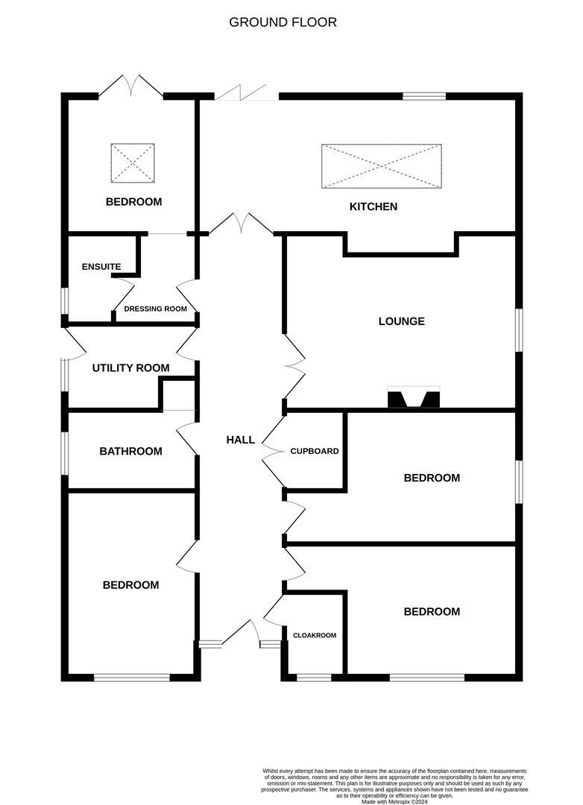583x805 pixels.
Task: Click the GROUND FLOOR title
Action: (283, 22)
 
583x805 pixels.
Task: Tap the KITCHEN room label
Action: (374, 206)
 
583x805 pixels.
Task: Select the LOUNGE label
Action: (401, 321)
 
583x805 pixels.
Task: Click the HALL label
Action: (240, 440)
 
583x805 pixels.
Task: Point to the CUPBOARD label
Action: (315, 451)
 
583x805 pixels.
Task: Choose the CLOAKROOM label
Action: (314, 635)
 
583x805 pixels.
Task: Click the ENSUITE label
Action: (101, 266)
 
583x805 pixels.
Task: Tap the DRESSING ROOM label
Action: (155, 309)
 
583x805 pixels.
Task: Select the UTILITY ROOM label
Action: (130, 368)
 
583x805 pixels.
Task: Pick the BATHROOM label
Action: (130, 451)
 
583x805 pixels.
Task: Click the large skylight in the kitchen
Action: (381, 166)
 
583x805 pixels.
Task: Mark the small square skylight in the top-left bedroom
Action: (133, 163)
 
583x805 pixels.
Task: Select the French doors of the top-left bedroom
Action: (131, 86)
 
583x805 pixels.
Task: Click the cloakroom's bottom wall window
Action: (314, 678)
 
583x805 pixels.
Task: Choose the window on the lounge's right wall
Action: (519, 329)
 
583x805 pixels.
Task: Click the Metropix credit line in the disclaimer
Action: (394, 801)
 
